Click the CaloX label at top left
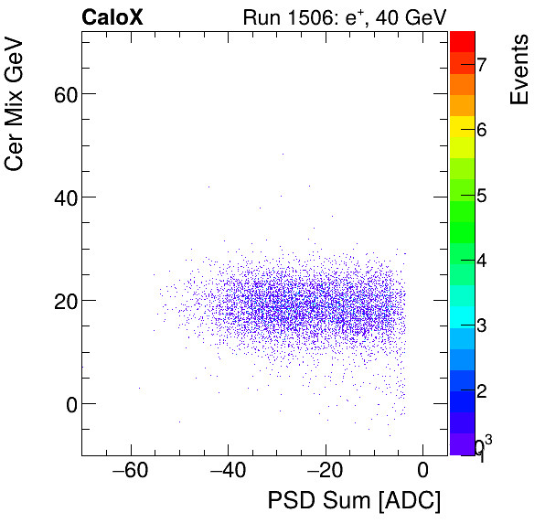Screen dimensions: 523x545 tap(112, 16)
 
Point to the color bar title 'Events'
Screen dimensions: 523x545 tap(519, 69)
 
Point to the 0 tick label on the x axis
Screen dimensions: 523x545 tap(422, 471)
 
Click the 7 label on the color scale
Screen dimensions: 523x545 tap(481, 64)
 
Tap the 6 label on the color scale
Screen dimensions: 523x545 tap(481, 130)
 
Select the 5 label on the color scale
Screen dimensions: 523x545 tap(481, 196)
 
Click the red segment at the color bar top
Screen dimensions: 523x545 tap(462, 40)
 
